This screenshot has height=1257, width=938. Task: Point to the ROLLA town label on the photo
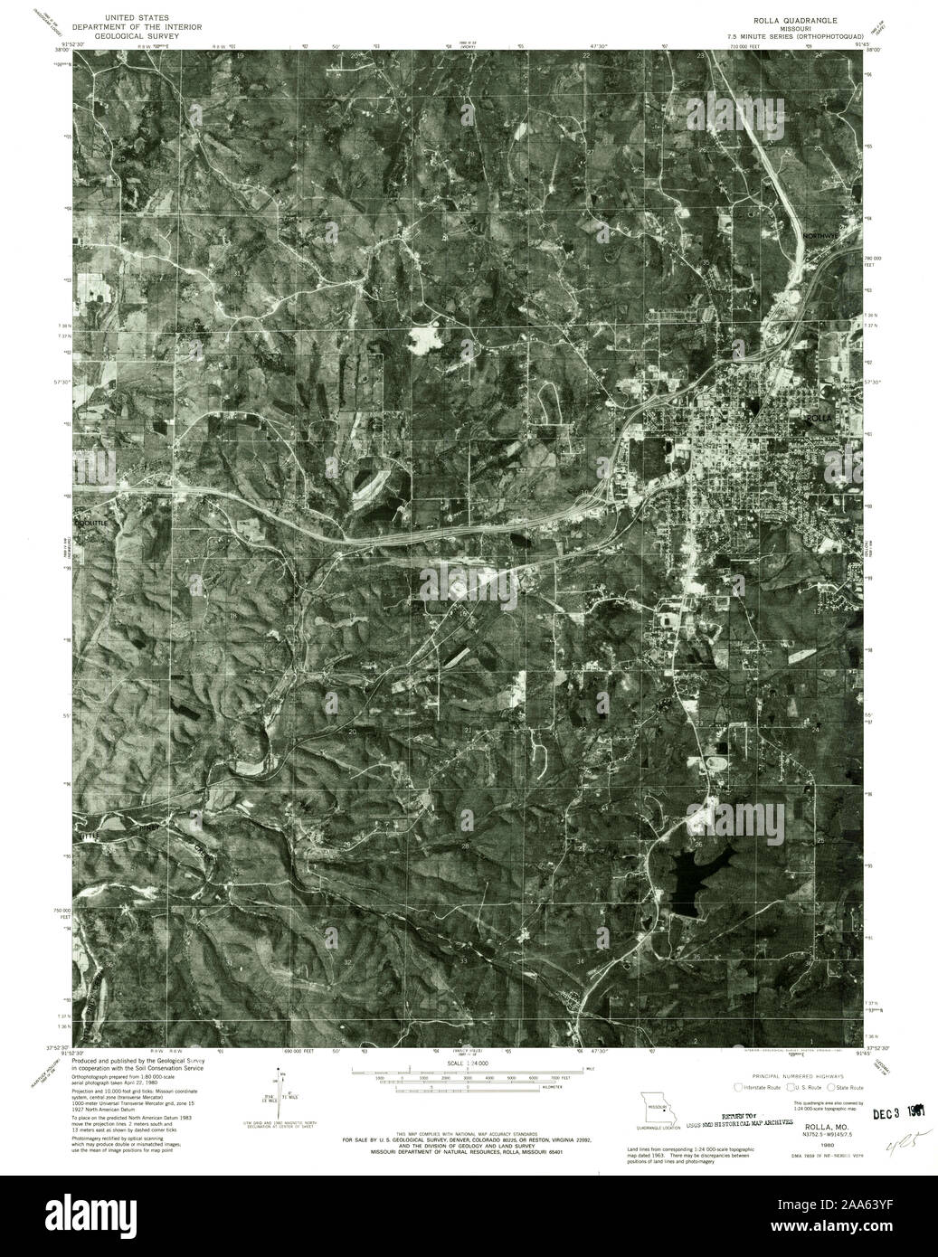point(817,419)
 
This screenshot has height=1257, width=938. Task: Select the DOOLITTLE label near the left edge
point(92,524)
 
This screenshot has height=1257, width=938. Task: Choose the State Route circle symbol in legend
point(828,1088)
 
